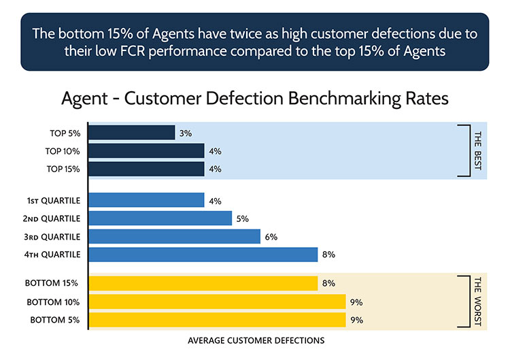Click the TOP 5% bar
tap(132, 133)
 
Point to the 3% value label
tap(186, 133)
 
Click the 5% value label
tap(243, 218)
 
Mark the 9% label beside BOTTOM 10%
tap(357, 301)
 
